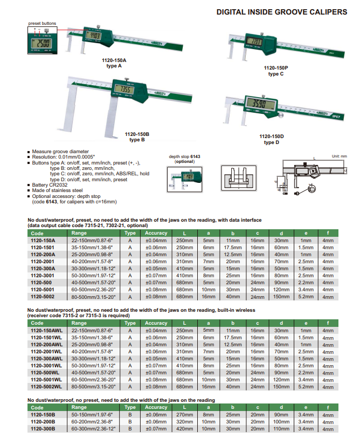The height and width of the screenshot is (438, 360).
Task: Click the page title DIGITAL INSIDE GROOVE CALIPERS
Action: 281,11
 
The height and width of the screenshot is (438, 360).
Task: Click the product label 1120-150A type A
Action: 112,63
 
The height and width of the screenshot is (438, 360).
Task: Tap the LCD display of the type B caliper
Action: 124,89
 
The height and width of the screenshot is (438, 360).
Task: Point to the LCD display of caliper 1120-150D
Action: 261,104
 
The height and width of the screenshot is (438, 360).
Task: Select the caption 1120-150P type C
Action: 275,71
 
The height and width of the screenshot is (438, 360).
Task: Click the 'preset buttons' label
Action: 41,23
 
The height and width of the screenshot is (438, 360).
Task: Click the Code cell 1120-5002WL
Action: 44,386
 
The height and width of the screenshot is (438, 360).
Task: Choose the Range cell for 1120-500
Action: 94,282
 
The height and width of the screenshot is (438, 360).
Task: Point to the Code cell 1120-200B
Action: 43,421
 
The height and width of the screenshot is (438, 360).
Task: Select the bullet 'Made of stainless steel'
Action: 57,190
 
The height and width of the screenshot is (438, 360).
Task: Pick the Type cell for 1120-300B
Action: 130,428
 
